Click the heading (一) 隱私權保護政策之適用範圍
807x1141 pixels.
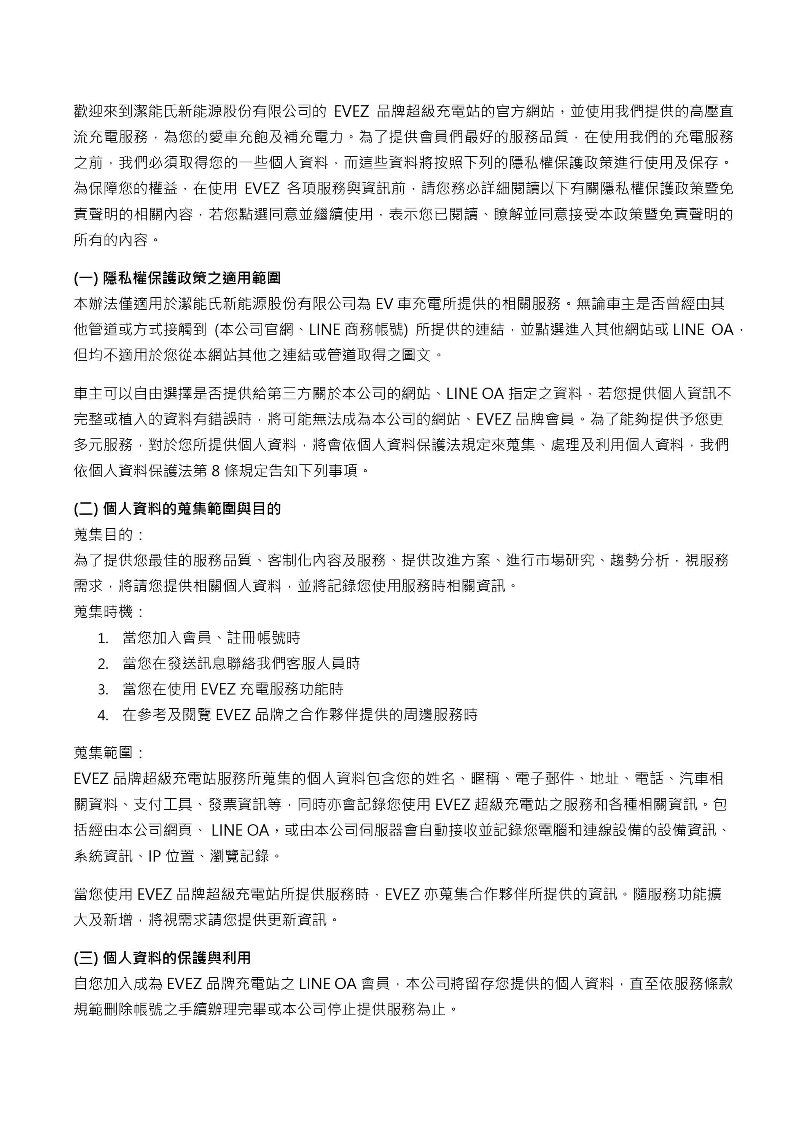pos(177,278)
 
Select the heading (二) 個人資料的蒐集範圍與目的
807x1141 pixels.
pos(177,509)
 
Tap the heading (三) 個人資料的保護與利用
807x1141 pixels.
pos(162,958)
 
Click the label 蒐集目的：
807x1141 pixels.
pos(110,535)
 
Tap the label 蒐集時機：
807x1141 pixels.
pos(110,612)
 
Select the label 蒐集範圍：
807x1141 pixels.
pos(110,753)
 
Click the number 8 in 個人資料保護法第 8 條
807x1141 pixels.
pos(215,470)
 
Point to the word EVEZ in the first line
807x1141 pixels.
pos(351,111)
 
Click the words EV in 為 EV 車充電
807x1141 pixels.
pos(383,304)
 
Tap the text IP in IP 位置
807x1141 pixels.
pos(154,856)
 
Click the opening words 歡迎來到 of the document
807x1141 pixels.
pos(103,111)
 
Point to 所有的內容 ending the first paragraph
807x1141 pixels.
pos(110,240)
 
